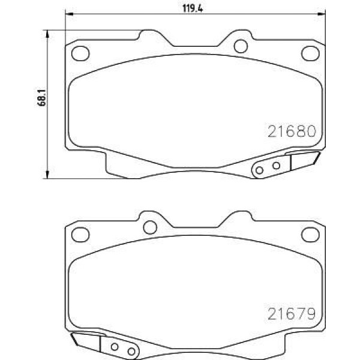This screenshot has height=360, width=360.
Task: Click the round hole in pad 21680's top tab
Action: [x=240, y=46]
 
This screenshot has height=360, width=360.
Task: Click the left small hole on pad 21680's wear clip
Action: [x=260, y=170]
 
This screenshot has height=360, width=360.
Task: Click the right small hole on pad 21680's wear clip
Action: [x=276, y=166]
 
